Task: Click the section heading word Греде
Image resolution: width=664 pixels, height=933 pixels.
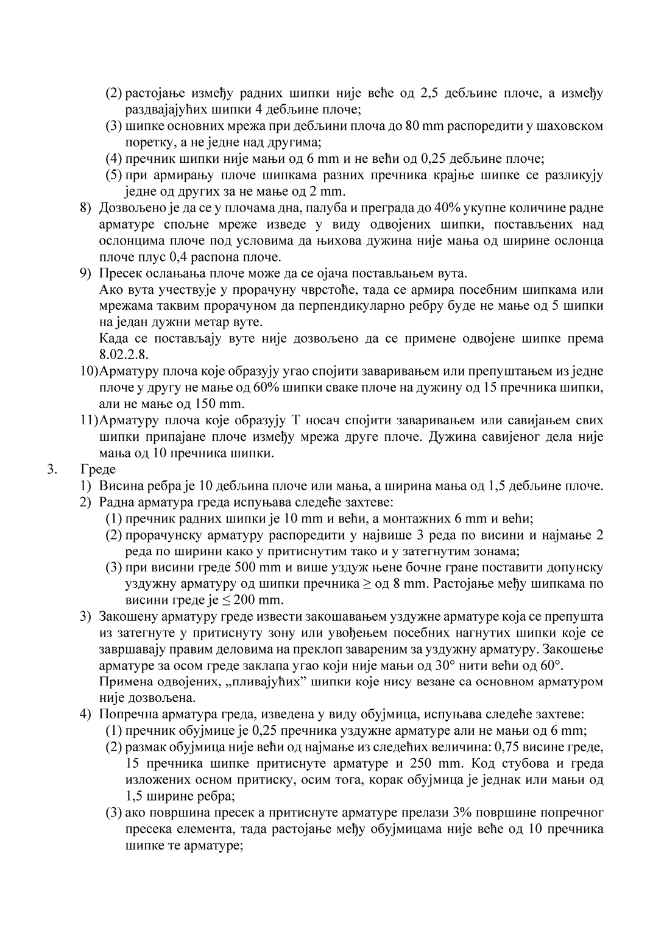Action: click(x=98, y=470)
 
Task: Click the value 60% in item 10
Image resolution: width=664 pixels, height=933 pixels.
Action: click(x=294, y=387)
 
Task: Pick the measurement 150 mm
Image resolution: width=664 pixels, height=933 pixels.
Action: click(x=219, y=404)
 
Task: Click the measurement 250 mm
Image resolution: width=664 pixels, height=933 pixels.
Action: click(x=429, y=763)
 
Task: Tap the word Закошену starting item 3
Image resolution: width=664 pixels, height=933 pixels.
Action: click(x=127, y=616)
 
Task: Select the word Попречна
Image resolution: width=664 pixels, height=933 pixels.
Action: click(x=128, y=713)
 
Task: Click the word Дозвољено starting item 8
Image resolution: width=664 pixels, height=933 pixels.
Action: click(x=130, y=208)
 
